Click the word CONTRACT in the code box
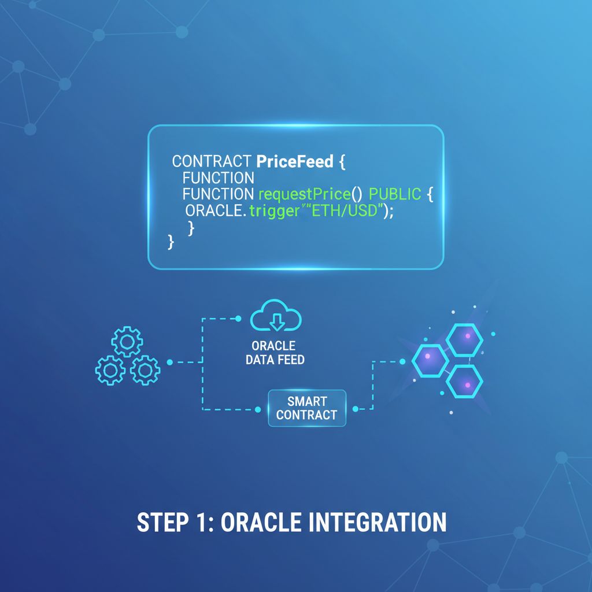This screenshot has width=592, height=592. pyautogui.click(x=211, y=161)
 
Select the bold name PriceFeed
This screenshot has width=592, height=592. pyautogui.click(x=294, y=161)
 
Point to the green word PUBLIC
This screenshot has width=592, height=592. pyautogui.click(x=395, y=194)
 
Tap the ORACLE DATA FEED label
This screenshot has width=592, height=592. pyautogui.click(x=275, y=353)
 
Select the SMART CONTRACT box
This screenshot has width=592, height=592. pyautogui.click(x=306, y=408)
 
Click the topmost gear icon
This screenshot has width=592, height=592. pyautogui.click(x=127, y=342)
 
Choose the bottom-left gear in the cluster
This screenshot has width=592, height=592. pyautogui.click(x=110, y=370)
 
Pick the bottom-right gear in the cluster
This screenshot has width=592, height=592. pyautogui.click(x=145, y=370)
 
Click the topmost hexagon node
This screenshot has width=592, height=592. pyautogui.click(x=466, y=339)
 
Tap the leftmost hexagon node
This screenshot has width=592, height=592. pyautogui.click(x=430, y=360)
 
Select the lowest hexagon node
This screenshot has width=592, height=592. pyautogui.click(x=465, y=381)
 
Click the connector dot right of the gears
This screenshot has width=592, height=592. pyautogui.click(x=169, y=362)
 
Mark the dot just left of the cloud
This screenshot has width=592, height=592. pyautogui.click(x=238, y=318)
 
